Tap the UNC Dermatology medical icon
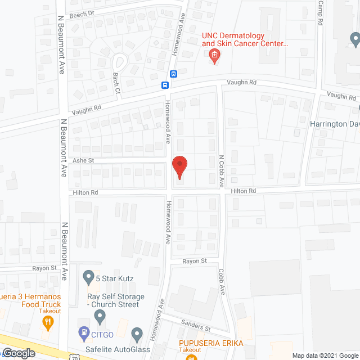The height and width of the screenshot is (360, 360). point(214,55)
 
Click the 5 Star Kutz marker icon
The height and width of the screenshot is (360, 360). point(88,277)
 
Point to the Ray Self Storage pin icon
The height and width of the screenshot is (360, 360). point(100,317)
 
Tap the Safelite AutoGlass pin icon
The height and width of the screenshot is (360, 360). point(136,336)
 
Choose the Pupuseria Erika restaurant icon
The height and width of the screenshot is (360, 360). point(191,355)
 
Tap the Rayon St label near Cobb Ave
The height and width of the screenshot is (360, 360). point(195,261)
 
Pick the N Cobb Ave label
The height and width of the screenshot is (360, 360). point(222,172)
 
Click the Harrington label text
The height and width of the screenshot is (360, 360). point(335,123)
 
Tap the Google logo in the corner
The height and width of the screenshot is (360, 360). point(19,353)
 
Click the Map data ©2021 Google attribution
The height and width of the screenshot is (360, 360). point(325,355)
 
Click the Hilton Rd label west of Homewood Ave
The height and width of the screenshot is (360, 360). point(85,192)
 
